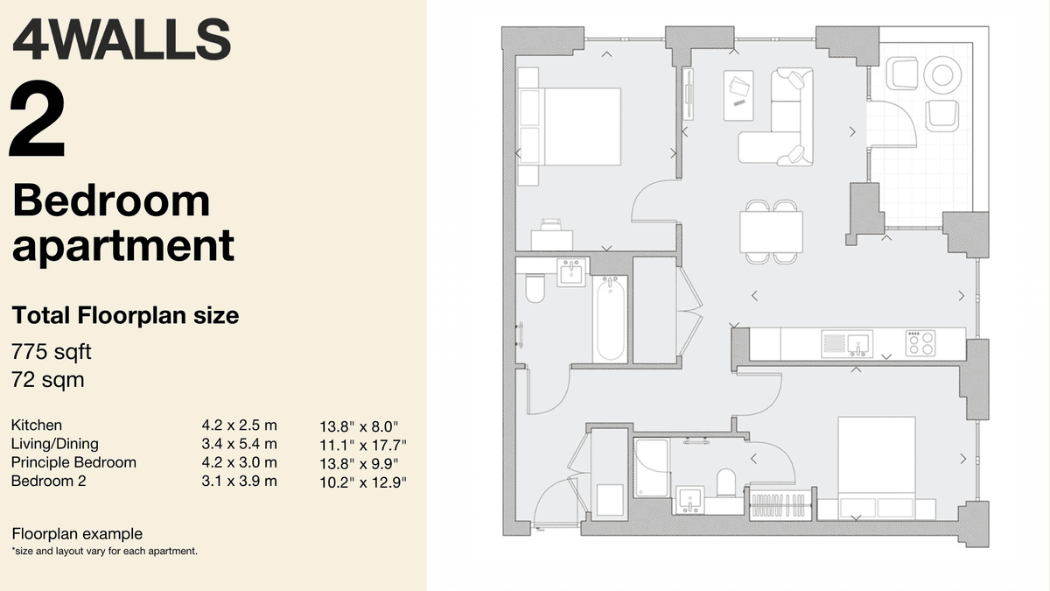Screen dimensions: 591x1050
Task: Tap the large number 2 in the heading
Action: (x=38, y=120)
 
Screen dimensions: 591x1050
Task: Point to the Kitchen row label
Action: (x=37, y=426)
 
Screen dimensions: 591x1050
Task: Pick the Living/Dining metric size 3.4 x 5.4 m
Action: (x=239, y=444)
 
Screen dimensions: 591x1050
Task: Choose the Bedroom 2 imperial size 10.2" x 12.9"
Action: (x=364, y=482)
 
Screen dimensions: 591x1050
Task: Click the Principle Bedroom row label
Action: (x=73, y=462)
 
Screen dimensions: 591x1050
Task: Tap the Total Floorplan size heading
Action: (x=125, y=315)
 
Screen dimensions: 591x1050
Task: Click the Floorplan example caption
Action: (x=77, y=534)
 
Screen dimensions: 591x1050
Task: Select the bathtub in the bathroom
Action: (x=611, y=320)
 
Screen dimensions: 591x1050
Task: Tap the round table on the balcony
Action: (x=941, y=75)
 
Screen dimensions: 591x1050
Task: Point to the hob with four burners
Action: (x=920, y=342)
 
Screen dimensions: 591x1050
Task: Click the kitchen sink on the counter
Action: (x=845, y=342)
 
